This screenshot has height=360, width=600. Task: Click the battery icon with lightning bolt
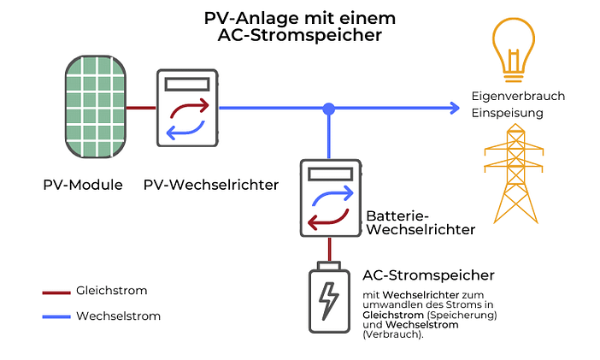point(328,298)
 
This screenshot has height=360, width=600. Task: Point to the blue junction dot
point(328,109)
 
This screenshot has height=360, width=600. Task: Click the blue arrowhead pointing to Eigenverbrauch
point(454,109)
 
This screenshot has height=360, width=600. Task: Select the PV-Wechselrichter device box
point(186,109)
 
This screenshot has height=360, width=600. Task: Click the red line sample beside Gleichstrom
point(56,292)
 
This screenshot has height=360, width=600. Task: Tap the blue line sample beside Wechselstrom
point(56,316)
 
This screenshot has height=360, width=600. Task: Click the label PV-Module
point(83,185)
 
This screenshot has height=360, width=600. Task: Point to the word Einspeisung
point(507,113)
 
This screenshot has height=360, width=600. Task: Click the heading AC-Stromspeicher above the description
point(428,274)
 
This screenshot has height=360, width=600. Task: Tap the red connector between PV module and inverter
point(142,109)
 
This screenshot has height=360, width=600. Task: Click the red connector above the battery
point(328,249)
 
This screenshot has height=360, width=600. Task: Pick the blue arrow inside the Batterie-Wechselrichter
point(331,196)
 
